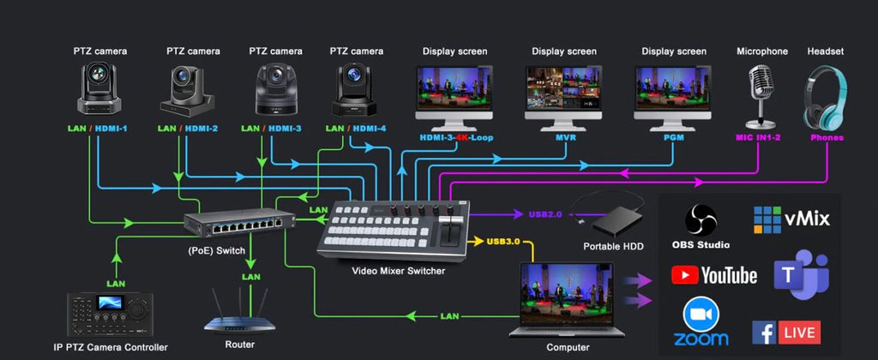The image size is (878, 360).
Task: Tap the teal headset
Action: click(x=825, y=96)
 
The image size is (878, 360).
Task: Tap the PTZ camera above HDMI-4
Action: click(x=354, y=90)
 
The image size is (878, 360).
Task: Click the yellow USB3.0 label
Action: click(x=503, y=242)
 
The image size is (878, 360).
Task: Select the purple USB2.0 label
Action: click(x=546, y=214)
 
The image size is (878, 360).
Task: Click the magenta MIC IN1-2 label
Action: click(x=758, y=137)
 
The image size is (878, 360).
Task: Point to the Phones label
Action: click(x=827, y=137)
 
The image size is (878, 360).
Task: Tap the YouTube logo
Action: click(x=714, y=275)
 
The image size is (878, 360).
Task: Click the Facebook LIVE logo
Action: click(x=786, y=333)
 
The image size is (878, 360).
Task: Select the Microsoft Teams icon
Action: click(x=801, y=274)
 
